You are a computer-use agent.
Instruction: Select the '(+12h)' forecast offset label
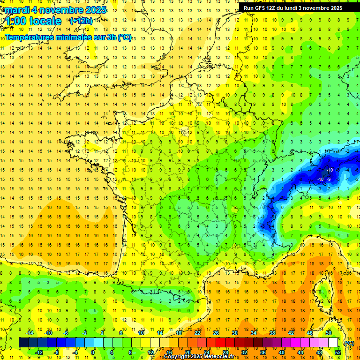(x=81, y=21)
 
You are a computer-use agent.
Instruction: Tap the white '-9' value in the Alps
(x=329, y=179)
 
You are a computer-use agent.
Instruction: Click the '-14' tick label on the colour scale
(x=30, y=333)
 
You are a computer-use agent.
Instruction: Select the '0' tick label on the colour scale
(x=93, y=352)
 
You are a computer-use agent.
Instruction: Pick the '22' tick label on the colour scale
(x=197, y=333)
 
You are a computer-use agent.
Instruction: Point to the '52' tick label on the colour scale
(x=338, y=352)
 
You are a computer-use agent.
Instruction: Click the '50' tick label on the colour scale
(x=329, y=333)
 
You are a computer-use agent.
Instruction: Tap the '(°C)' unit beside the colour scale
(x=349, y=343)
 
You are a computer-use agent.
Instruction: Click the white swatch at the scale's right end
(x=333, y=343)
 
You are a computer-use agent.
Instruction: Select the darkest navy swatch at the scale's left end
(x=23, y=343)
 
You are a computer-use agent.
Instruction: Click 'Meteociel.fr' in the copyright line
(x=222, y=357)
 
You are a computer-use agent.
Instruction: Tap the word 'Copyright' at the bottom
(x=177, y=357)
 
